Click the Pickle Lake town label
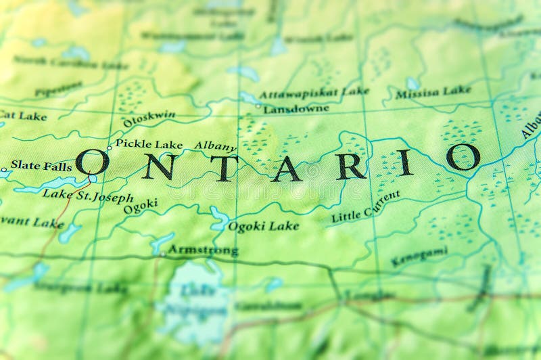[149, 144]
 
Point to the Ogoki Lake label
[263, 226]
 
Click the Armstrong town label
[203, 250]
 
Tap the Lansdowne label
[296, 108]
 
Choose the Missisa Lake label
[433, 92]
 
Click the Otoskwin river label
[149, 119]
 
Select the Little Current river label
[365, 206]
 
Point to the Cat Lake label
[24, 116]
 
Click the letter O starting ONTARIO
[93, 162]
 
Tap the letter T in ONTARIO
[224, 168]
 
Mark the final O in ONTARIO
[463, 156]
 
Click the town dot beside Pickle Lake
[109, 148]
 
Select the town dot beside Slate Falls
[4, 168]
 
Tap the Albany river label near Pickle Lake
[215, 146]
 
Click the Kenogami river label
[419, 256]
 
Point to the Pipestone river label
[58, 89]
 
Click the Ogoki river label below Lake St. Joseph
[141, 206]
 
